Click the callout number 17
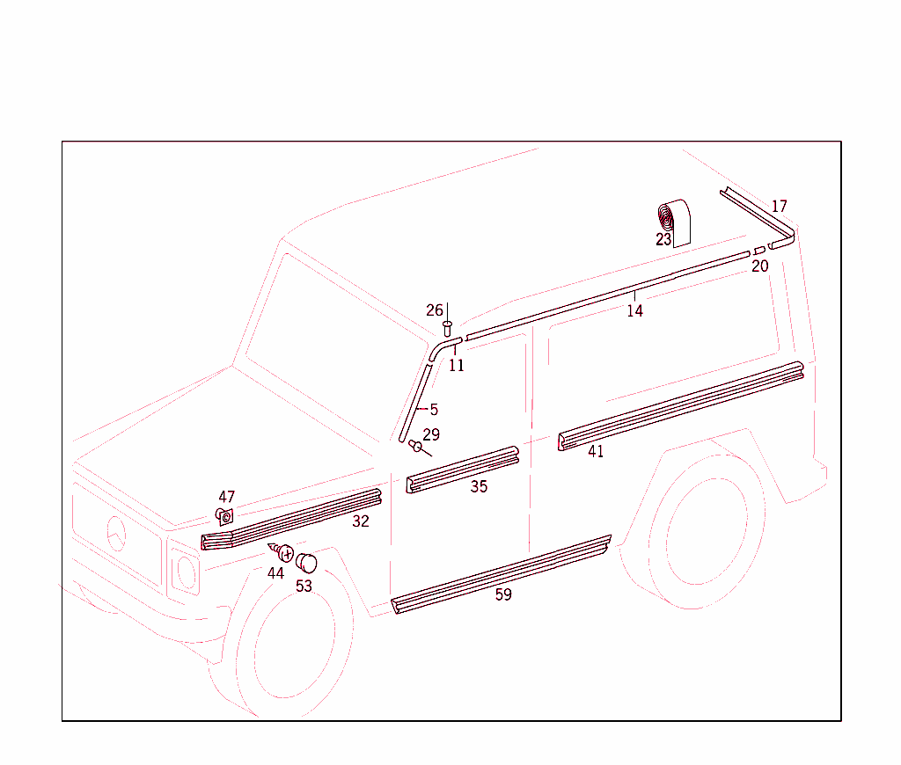(x=779, y=207)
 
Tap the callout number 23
(x=663, y=239)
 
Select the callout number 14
(x=634, y=310)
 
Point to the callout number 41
(x=596, y=452)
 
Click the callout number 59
(x=502, y=594)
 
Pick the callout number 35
(x=478, y=486)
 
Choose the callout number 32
(x=361, y=521)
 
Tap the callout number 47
(x=227, y=497)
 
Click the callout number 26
(x=435, y=310)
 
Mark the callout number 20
(x=759, y=266)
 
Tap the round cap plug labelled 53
(x=305, y=561)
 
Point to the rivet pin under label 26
(x=448, y=328)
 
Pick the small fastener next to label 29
(x=415, y=446)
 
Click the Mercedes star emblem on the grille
(x=116, y=535)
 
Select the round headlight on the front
(x=187, y=572)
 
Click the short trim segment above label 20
(x=759, y=251)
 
